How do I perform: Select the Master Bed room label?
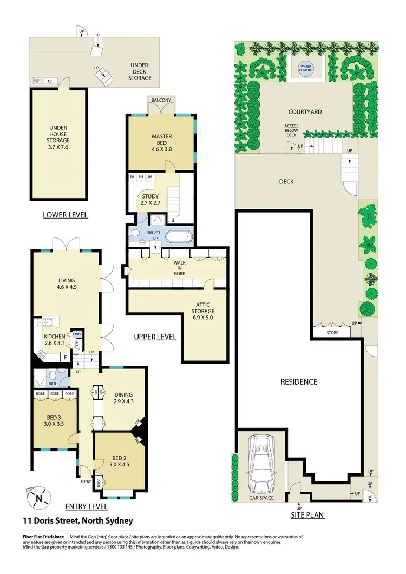tap(161, 141)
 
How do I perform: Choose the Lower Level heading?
tap(65, 215)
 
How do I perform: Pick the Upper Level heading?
tap(155, 337)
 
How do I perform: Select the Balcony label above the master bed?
tap(161, 101)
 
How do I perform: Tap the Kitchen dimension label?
tap(54, 340)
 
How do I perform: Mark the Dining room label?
tap(124, 398)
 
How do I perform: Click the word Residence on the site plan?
tap(298, 381)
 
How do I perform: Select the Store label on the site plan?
tap(332, 333)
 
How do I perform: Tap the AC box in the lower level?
tap(49, 81)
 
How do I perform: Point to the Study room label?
tap(150, 200)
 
